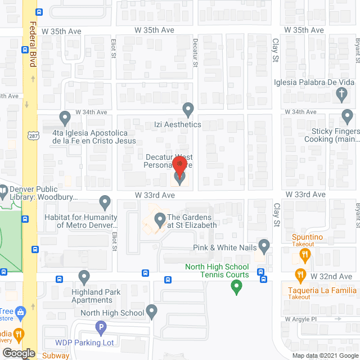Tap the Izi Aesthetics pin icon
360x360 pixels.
tap(188, 108)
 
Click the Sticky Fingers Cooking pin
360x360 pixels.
tap(349, 117)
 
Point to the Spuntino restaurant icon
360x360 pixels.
tap(305, 255)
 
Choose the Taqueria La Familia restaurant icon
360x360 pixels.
tap(300, 275)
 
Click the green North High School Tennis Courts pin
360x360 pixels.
tap(237, 288)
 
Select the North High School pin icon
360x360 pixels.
tap(152, 311)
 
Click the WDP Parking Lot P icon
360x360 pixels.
tap(101, 327)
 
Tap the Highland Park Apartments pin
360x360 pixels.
tap(84, 277)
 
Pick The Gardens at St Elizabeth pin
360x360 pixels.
tap(160, 219)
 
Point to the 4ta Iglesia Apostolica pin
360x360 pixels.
tap(65, 118)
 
